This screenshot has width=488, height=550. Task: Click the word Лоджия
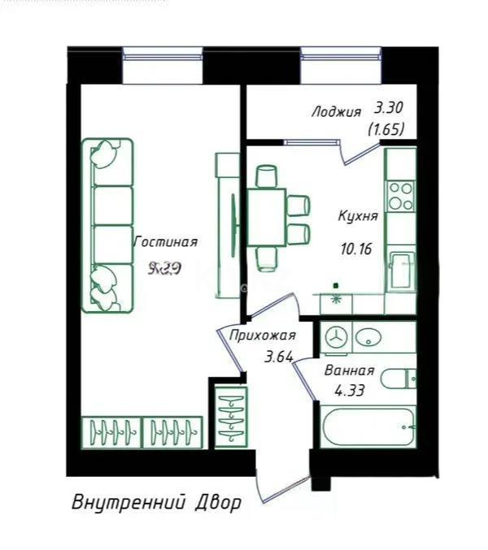point(336,112)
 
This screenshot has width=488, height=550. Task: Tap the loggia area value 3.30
point(388,107)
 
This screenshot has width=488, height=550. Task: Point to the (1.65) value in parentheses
point(386,128)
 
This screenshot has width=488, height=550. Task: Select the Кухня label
point(358,217)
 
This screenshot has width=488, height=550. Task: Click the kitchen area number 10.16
point(355,249)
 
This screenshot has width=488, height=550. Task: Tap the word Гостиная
point(166,241)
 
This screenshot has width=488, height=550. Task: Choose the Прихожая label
point(261,335)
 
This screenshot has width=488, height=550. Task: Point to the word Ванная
point(349,370)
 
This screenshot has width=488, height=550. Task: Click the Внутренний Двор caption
point(156,502)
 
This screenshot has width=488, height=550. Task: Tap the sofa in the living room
point(107,225)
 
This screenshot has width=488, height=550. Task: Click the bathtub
point(367,427)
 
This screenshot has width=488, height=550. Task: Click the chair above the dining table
point(266,176)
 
